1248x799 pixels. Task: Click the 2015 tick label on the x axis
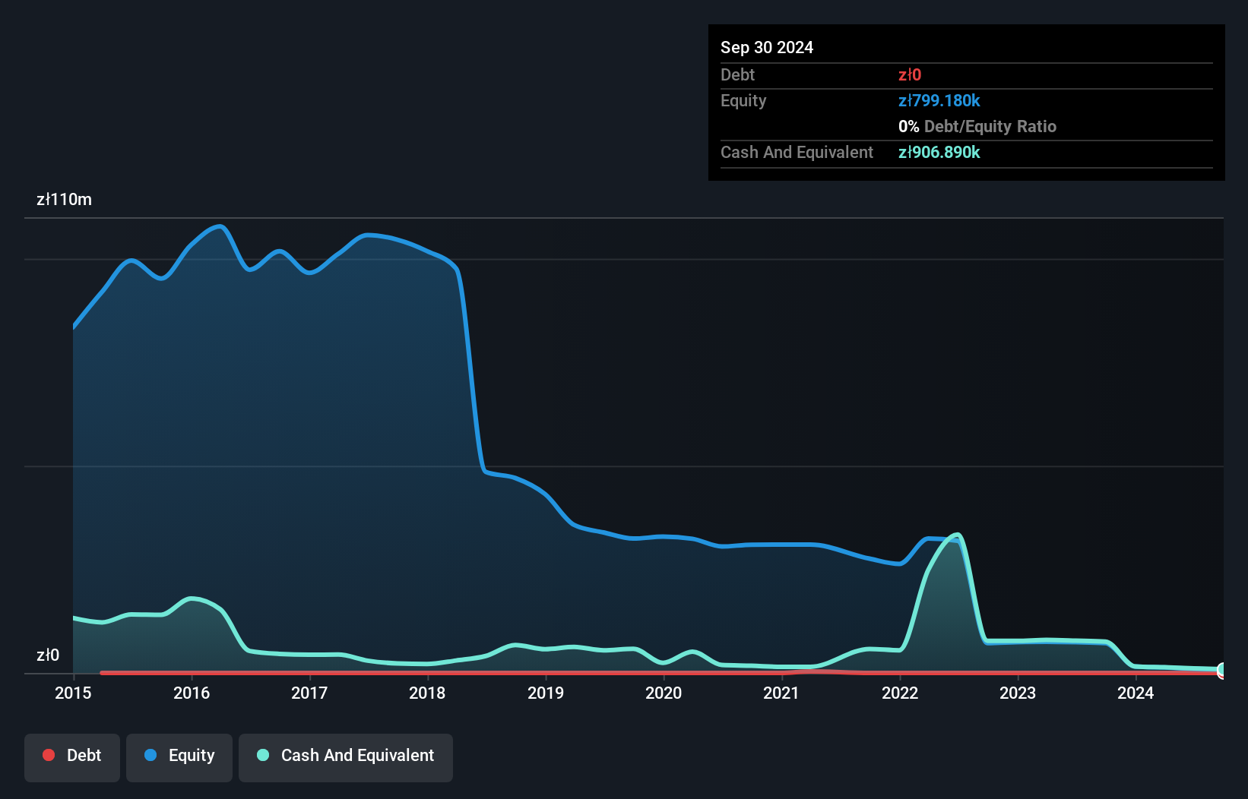pyautogui.click(x=73, y=693)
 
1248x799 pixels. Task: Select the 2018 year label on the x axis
pyautogui.click(x=427, y=693)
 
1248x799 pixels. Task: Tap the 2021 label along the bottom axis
pyautogui.click(x=781, y=693)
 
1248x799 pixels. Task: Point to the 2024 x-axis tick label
pyautogui.click(x=1136, y=693)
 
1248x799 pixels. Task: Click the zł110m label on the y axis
pyautogui.click(x=64, y=200)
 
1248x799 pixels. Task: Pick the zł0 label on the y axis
pyautogui.click(x=48, y=655)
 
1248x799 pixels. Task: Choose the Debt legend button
pyautogui.click(x=72, y=756)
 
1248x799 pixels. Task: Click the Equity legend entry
pyautogui.click(x=179, y=756)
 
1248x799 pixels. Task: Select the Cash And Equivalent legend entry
pyautogui.click(x=346, y=756)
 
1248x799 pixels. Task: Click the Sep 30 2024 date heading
pyautogui.click(x=767, y=47)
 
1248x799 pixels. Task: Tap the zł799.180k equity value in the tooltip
pyautogui.click(x=939, y=100)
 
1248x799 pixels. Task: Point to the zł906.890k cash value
pyautogui.click(x=939, y=152)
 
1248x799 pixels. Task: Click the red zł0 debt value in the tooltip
pyautogui.click(x=910, y=74)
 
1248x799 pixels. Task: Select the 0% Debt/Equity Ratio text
pyautogui.click(x=977, y=126)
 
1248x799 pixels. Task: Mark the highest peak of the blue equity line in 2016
pyautogui.click(x=220, y=226)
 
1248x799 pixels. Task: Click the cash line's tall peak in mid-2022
pyautogui.click(x=958, y=535)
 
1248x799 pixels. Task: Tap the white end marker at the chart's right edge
pyautogui.click(x=1222, y=670)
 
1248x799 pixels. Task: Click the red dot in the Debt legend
pyautogui.click(x=49, y=755)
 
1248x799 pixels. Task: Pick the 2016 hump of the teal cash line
pyautogui.click(x=192, y=598)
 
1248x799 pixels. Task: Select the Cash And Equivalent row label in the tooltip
pyautogui.click(x=797, y=152)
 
